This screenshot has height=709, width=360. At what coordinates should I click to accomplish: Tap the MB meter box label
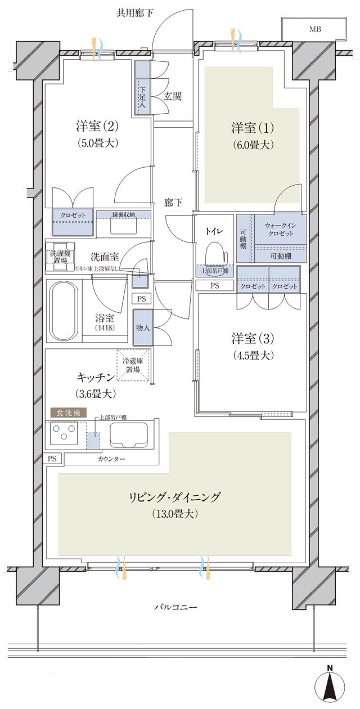(x=314, y=29)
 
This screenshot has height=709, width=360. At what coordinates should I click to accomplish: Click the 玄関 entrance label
(x=173, y=96)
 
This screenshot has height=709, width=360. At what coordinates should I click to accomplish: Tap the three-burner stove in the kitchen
(x=64, y=434)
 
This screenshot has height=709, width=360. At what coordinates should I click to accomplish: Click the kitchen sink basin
(x=130, y=434)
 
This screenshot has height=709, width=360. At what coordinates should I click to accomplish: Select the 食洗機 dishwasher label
(x=68, y=412)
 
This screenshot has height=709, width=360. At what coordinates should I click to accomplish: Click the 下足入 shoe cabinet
(x=142, y=87)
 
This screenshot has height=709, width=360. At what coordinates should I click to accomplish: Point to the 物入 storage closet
(x=142, y=327)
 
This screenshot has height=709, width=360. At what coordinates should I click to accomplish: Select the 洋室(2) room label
(x=97, y=124)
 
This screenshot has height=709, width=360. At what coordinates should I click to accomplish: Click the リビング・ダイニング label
(x=174, y=497)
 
